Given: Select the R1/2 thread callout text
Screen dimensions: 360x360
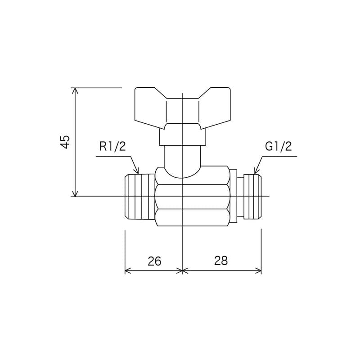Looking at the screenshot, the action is pos(112,146).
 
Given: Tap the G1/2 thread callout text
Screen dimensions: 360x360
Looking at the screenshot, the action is pos(278,146).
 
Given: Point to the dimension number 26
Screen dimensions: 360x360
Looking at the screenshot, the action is pos(154,261).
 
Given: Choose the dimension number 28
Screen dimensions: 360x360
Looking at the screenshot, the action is pos(221,261).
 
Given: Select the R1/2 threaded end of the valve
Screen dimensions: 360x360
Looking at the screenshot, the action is pos(140,197).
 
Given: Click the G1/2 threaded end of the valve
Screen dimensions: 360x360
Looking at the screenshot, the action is pos(252,197).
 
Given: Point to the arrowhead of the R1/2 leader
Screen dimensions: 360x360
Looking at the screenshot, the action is pos(137,171).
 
